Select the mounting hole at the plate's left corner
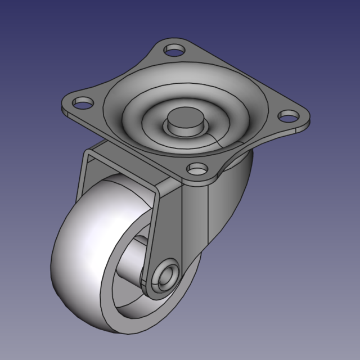coord(83,103)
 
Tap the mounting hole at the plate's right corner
coord(289,116)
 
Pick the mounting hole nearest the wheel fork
coord(196,168)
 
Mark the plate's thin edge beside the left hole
coord(66,112)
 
